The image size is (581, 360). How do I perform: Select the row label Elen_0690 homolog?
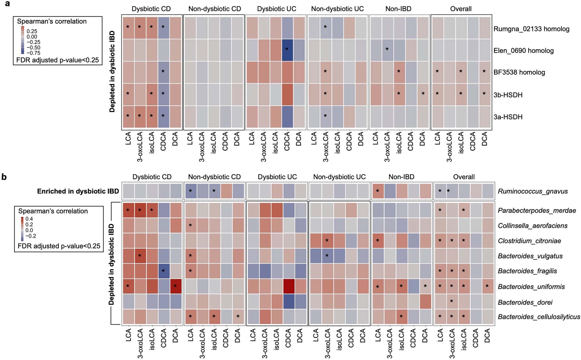523,51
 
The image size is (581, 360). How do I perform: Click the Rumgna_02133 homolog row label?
531,29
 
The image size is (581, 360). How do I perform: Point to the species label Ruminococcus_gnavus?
533,191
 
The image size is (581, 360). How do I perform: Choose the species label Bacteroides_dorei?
525,302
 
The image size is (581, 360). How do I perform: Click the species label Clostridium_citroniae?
529,241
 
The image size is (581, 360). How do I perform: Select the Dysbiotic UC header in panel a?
276,9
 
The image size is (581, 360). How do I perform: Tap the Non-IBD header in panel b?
401,177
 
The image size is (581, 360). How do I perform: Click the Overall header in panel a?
461,9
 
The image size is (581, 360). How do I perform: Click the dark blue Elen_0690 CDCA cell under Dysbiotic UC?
287,50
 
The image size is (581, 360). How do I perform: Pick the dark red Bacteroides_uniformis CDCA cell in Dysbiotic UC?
287,286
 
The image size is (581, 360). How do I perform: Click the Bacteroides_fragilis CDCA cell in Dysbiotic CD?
163,271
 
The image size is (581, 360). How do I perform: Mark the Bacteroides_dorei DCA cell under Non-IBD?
425,301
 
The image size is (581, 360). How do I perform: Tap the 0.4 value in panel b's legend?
29,219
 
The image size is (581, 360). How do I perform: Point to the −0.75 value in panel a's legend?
33,53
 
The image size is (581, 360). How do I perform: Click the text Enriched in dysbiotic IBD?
78,191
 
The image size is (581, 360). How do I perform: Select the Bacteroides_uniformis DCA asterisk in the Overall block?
487,286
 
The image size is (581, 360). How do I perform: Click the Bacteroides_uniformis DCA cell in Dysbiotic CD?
175,286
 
